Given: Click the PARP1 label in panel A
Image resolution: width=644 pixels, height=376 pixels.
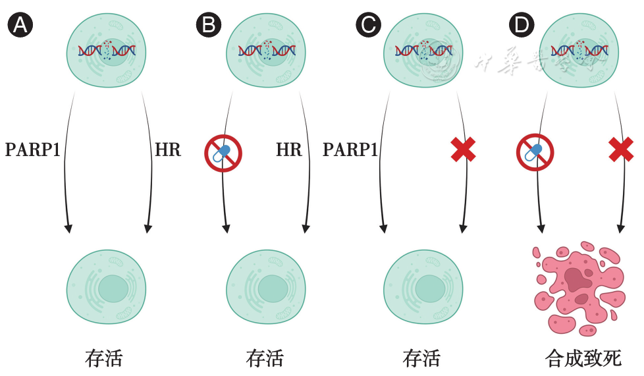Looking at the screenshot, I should click(33, 150).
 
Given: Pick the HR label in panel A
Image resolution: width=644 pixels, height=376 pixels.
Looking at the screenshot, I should click(168, 150).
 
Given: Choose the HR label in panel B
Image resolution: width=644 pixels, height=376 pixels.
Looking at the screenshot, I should click(289, 150).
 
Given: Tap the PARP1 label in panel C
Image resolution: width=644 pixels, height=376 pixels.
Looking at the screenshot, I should click(350, 150).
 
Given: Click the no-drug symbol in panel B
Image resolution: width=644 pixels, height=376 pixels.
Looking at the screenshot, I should click(223, 153).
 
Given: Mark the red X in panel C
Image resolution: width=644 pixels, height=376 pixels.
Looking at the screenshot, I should click(464, 149).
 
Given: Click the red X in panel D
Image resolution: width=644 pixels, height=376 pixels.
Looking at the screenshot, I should click(621, 149).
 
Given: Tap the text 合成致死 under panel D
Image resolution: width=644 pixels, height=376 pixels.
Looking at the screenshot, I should click(583, 358).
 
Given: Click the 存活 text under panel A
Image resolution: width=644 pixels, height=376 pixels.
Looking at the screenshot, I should click(104, 358).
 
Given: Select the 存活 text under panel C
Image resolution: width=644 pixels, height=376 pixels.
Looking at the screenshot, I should click(421, 358).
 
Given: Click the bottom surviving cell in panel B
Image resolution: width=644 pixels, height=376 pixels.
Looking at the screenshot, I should click(266, 287).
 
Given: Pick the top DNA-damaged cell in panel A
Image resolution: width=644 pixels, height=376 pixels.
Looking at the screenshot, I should click(107, 51).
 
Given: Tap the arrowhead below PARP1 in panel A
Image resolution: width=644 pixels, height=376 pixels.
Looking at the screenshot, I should click(68, 228).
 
